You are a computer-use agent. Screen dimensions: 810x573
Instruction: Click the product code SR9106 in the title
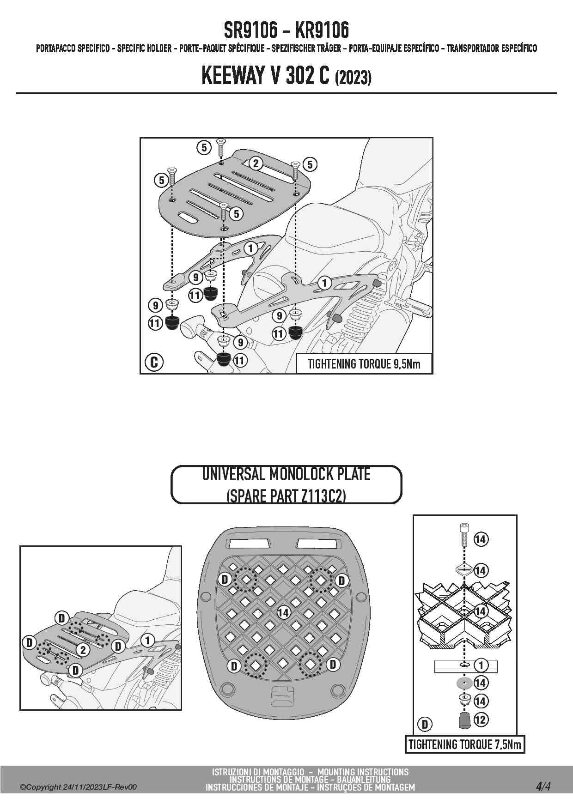pos(250,30)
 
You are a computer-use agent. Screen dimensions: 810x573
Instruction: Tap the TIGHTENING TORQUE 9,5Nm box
pos(364,364)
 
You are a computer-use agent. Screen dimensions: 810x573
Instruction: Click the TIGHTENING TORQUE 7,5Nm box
pos(465,744)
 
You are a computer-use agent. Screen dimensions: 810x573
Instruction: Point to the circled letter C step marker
pos(154,362)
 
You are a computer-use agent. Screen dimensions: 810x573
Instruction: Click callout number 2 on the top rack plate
pos(255,163)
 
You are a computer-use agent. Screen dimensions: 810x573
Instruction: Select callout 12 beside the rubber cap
pos(481,719)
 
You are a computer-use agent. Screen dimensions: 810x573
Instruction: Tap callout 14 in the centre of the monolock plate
pos(283,612)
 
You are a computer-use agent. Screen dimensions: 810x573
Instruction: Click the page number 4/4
pos(543,786)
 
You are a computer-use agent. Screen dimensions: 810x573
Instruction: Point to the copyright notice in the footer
pos(79,787)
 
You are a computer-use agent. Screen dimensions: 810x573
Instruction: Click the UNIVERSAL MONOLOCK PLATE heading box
pos(286,485)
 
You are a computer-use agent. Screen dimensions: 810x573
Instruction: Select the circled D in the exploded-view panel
pos(425,725)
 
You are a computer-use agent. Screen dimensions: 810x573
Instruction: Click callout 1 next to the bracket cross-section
pos(481,665)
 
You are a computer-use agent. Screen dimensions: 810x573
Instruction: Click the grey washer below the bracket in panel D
pos(464,683)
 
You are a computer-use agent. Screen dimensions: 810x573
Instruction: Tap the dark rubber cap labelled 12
pos(464,720)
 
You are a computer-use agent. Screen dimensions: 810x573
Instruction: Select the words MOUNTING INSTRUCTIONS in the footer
pos(363,772)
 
